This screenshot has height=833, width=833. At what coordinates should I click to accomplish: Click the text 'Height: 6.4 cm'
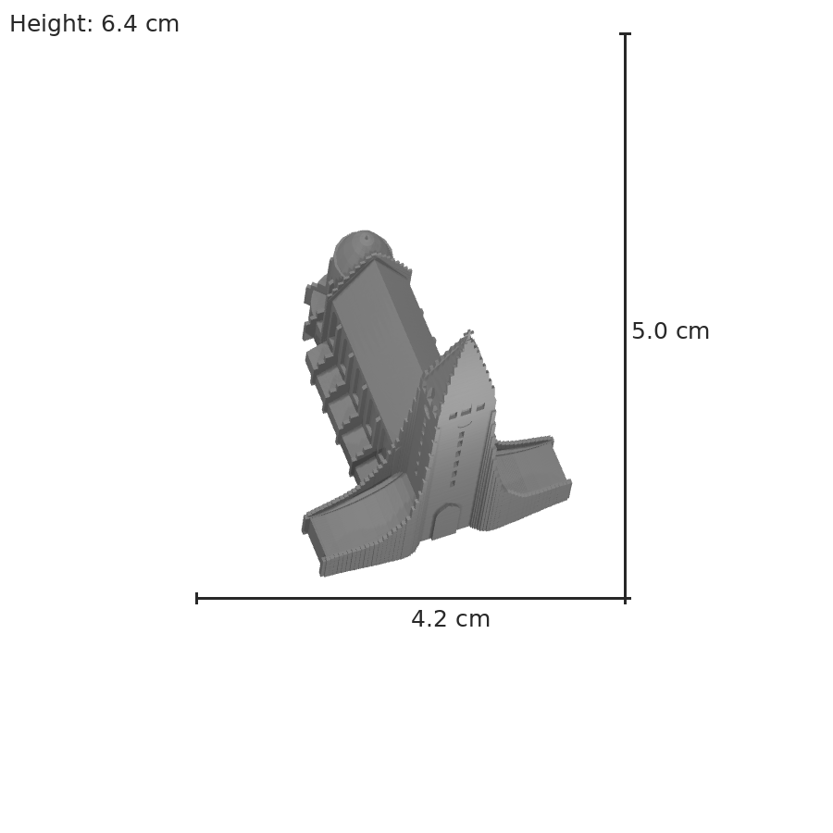coord(94,24)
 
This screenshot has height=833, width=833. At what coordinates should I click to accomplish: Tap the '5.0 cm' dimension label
coord(670,331)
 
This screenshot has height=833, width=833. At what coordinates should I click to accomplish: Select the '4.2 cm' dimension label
coord(451,619)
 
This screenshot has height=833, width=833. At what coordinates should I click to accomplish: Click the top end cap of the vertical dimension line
coord(626,34)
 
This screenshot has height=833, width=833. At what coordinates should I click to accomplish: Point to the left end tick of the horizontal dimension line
coord(197,598)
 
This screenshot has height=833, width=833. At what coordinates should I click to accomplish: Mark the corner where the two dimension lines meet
coord(626,598)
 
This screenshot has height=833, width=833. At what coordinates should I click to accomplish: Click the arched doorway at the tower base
coord(445,521)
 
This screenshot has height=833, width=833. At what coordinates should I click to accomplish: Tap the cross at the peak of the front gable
coord(468,333)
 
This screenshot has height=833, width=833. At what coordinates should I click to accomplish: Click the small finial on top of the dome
coord(366,238)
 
